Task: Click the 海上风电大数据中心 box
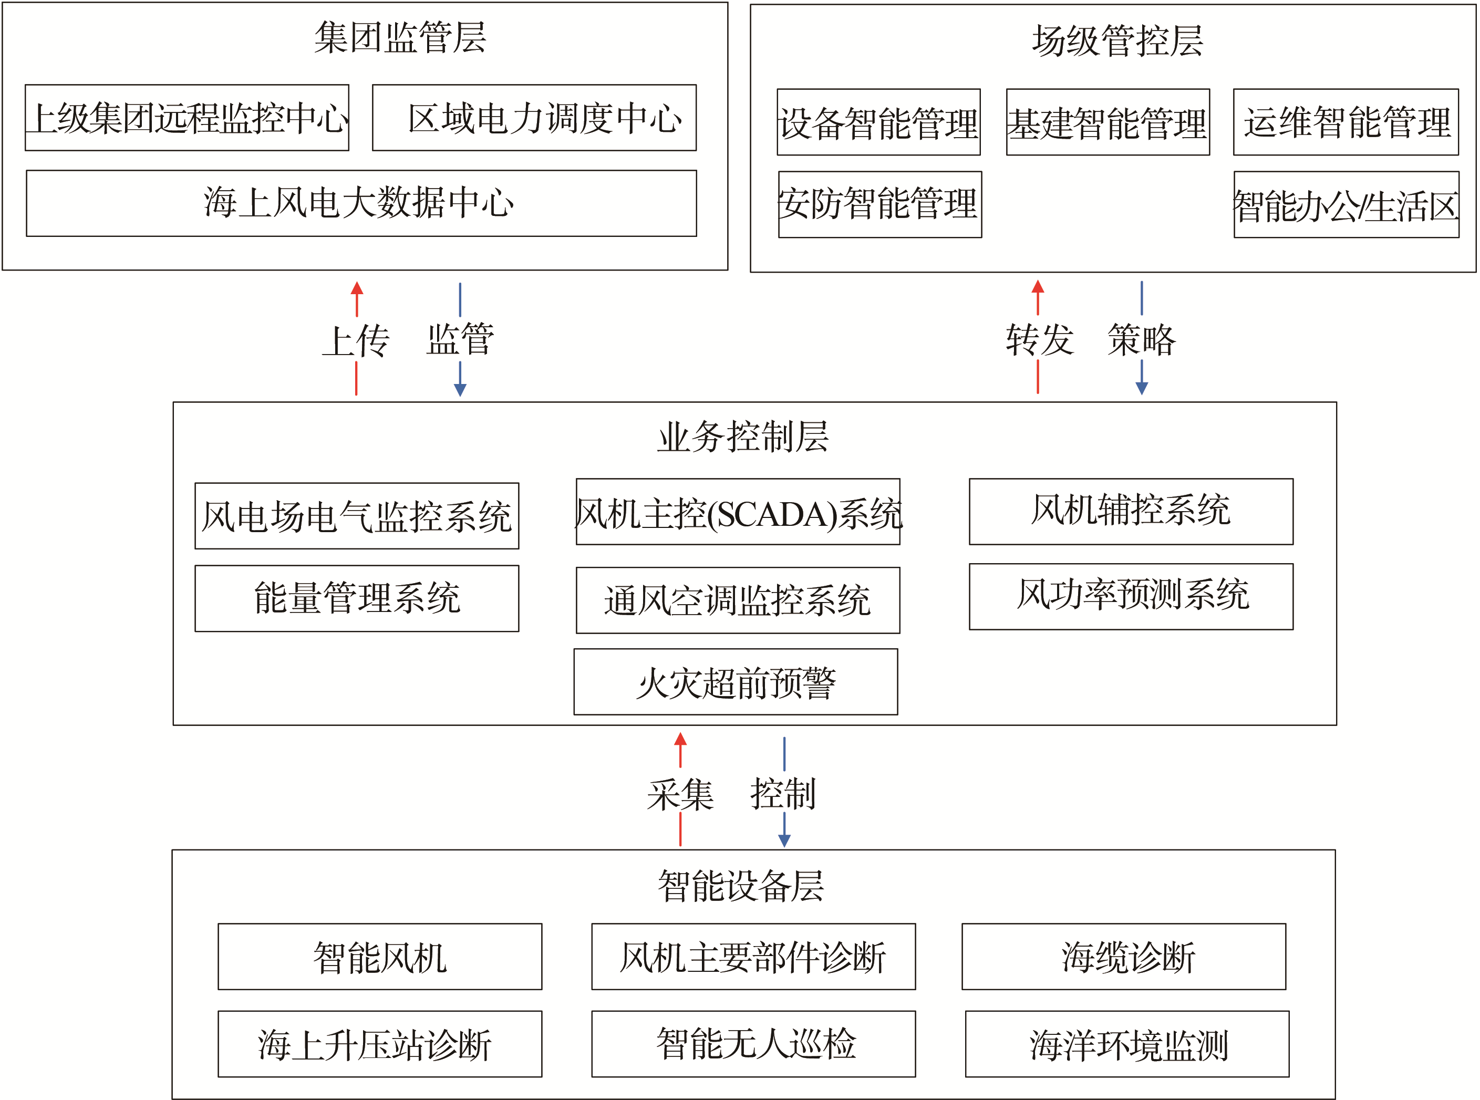coord(361,203)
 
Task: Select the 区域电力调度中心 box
coord(534,118)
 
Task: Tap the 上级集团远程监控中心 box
coord(187,118)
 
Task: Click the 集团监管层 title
coord(400,37)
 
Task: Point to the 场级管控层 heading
coord(1118,40)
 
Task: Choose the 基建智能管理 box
coord(1108,122)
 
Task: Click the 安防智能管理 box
coord(880,204)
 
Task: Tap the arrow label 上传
coord(356,341)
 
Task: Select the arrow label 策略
coord(1142,339)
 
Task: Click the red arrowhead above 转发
coord(1038,287)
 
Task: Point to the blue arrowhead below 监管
coord(460,390)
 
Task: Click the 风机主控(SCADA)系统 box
coord(738,511)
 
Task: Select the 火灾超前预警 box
coord(736,682)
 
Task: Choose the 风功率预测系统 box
coord(1131,597)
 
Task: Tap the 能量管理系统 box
coord(357,599)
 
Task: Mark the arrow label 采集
coord(680,794)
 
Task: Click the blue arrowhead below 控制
coord(784,841)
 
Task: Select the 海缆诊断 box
coord(1124,957)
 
